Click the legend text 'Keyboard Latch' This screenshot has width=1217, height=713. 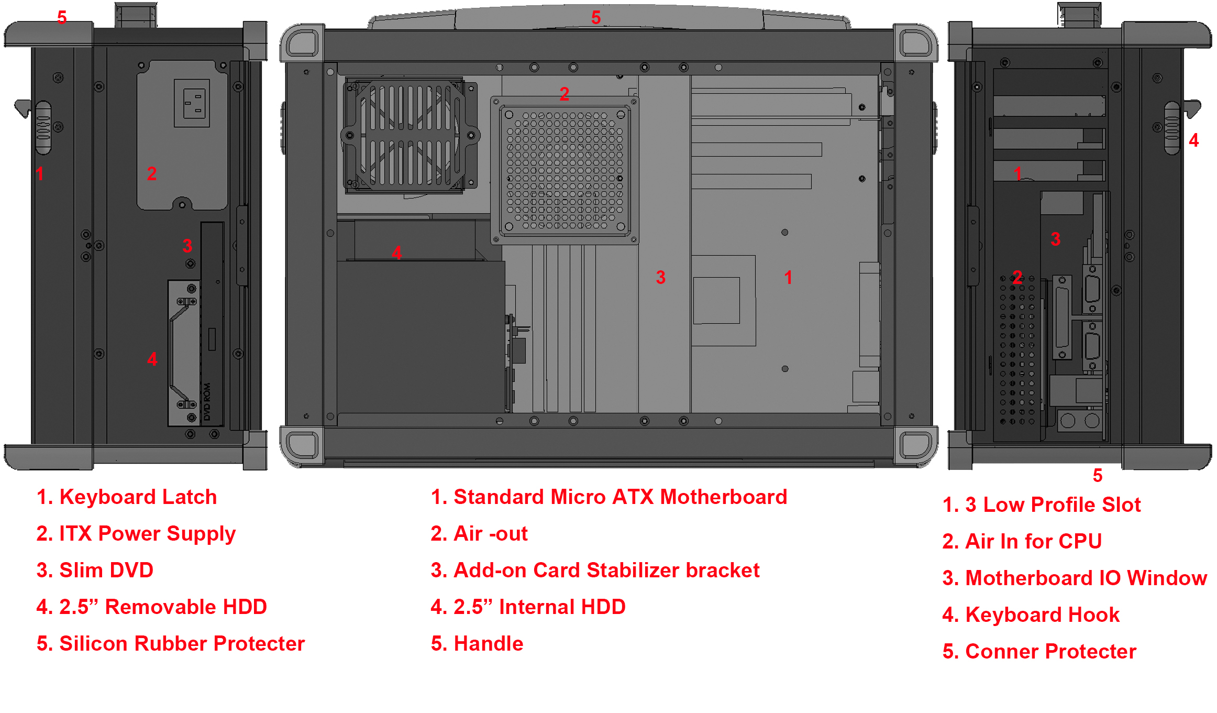click(x=138, y=497)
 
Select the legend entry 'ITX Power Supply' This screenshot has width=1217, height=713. click(x=147, y=534)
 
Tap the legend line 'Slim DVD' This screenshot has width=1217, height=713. click(x=106, y=571)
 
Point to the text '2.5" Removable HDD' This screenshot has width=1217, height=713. click(x=163, y=607)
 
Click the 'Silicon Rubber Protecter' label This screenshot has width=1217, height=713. click(x=182, y=644)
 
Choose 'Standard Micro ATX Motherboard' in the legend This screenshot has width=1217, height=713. click(x=620, y=497)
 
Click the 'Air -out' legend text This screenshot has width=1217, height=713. click(x=490, y=534)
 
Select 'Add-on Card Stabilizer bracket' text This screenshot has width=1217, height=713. click(x=606, y=571)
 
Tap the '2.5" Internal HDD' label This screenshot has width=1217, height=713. click(x=539, y=607)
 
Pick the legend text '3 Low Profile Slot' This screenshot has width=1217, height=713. click(x=1053, y=505)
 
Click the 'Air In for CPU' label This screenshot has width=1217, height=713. click(x=1033, y=542)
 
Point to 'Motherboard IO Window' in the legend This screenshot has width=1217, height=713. click(x=1086, y=578)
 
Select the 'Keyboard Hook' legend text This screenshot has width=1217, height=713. click(x=1042, y=615)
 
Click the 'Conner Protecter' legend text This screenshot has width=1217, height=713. click(x=1050, y=652)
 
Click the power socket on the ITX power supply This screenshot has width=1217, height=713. click(x=192, y=103)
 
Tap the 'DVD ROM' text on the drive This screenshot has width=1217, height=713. click(x=207, y=401)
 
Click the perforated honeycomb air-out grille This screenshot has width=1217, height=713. click(x=565, y=170)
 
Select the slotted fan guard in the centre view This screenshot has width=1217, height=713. click(x=410, y=136)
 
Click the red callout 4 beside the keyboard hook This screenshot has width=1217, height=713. click(x=1194, y=140)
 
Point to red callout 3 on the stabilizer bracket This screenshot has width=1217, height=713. click(x=661, y=277)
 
